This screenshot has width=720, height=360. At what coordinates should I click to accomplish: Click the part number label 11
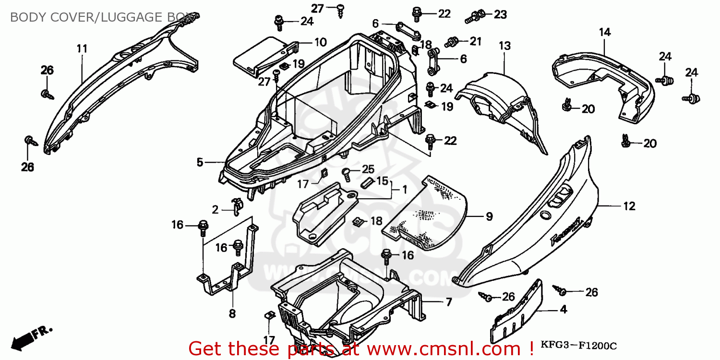tap(82, 48)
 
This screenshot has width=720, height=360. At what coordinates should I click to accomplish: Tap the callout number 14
tap(604, 32)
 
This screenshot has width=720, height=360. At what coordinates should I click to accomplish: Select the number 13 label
tap(504, 46)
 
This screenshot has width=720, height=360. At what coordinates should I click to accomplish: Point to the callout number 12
tap(629, 206)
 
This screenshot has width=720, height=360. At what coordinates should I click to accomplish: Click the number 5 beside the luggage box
tap(200, 163)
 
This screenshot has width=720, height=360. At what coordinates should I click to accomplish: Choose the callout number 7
tap(448, 303)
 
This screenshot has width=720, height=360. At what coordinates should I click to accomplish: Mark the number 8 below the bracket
tap(232, 314)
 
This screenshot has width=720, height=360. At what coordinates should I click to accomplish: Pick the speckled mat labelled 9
tap(432, 211)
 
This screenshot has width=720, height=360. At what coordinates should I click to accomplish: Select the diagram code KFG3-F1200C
tap(579, 345)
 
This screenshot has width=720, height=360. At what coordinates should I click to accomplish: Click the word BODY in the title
tap(26, 17)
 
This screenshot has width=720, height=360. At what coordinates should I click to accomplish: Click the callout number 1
tap(404, 191)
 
